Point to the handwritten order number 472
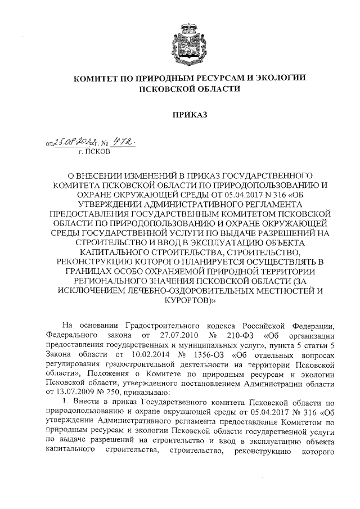(126, 142)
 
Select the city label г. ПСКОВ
(96, 152)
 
